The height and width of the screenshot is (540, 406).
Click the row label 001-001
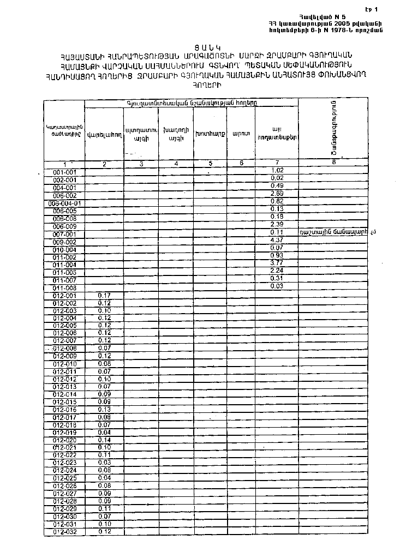[x=64, y=172]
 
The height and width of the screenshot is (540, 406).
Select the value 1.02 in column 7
[x=277, y=171]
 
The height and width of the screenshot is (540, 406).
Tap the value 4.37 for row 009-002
[x=277, y=240]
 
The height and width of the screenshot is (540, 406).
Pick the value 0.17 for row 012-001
[x=105, y=295]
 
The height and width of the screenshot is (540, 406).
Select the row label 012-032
[x=64, y=531]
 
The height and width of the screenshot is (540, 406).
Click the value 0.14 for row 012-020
[x=105, y=440]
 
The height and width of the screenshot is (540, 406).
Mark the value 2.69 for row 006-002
[x=277, y=194]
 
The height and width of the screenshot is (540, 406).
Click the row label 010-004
[x=64, y=248]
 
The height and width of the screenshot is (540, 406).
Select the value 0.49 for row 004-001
[x=277, y=187]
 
